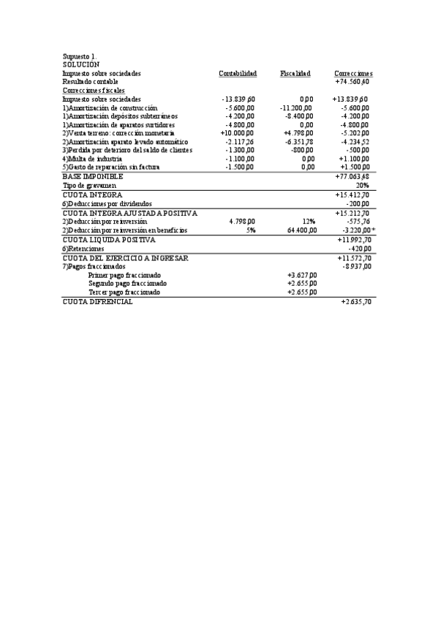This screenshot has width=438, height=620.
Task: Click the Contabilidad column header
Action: (238, 74)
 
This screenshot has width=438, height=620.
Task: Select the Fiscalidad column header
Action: (295, 74)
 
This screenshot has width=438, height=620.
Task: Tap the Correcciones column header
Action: (353, 74)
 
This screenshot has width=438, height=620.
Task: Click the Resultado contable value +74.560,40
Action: (352, 82)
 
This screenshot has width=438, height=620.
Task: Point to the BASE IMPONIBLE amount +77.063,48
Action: (352, 177)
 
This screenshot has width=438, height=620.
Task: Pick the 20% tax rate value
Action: (362, 186)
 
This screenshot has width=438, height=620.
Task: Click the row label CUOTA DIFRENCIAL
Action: (98, 302)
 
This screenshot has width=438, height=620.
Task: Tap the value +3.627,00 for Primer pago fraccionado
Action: (302, 275)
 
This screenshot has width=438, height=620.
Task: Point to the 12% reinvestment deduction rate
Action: (309, 221)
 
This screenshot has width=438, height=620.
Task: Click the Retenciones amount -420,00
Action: (358, 249)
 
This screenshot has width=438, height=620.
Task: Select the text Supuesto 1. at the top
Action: (80, 56)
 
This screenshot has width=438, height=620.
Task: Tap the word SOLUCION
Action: (80, 65)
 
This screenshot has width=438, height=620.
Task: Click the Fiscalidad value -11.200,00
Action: (297, 107)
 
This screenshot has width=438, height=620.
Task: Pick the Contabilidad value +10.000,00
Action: (237, 133)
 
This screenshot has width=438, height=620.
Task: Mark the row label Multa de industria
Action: (93, 159)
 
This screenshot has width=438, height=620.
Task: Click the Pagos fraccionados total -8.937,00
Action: (356, 267)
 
